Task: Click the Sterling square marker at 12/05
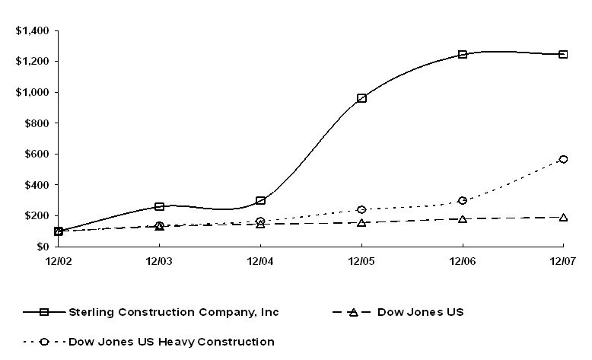pos(361,98)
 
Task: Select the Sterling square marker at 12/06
pos(463,55)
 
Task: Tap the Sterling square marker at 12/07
pos(563,55)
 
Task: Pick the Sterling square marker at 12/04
pos(261,201)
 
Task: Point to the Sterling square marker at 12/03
pos(159,206)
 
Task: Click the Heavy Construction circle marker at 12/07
pos(563,159)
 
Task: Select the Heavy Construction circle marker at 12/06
pos(463,201)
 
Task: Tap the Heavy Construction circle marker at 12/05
pos(361,209)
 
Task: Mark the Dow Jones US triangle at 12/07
pos(563,218)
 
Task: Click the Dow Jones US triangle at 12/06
pos(463,219)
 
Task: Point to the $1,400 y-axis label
pos(32,31)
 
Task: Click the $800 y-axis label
pos(36,123)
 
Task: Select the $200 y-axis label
pos(36,216)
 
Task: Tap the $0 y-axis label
pos(43,247)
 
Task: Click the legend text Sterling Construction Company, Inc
pos(173,312)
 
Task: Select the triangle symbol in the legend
pos(353,312)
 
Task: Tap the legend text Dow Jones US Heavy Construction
pos(171,342)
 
